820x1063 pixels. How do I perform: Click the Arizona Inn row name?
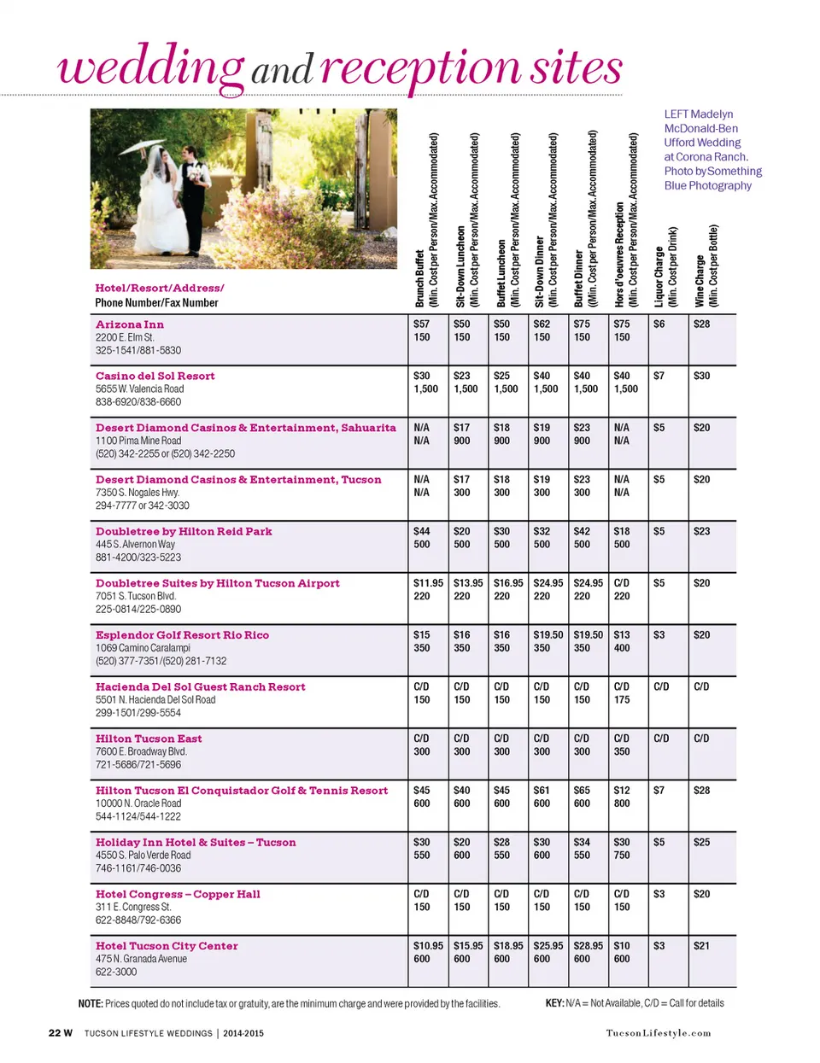130,324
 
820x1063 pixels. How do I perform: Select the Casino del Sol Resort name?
155,376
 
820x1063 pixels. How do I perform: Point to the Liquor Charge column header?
665,266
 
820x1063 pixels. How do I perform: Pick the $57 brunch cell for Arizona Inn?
421,324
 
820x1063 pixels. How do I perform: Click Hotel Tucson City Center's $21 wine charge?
701,946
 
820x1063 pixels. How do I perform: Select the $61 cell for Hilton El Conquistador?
542,791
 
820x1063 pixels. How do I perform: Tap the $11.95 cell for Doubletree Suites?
428,583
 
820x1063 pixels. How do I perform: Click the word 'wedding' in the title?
150,67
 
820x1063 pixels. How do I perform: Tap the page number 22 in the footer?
55,1033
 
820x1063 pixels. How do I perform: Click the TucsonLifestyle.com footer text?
658,1033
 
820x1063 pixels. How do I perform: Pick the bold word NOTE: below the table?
91,1004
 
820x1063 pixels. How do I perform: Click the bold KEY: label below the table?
554,1003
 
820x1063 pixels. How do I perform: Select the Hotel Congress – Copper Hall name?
178,894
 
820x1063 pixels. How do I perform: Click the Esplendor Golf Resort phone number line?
161,661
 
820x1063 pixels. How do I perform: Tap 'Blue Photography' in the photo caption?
708,185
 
